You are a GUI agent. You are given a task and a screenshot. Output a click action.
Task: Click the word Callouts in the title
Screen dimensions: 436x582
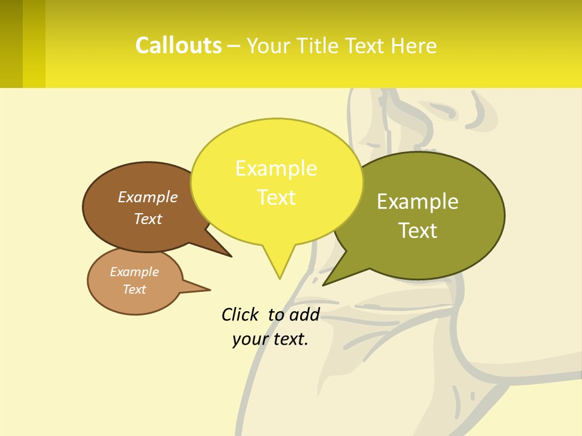click(178, 46)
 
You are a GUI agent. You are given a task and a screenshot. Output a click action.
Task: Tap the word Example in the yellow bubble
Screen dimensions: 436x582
click(276, 168)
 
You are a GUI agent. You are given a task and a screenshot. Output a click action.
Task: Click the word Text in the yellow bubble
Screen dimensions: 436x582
click(276, 197)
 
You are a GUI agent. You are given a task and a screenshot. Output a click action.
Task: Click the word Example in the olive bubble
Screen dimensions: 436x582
click(418, 202)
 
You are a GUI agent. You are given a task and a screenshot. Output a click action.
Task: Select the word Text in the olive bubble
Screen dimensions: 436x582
click(418, 231)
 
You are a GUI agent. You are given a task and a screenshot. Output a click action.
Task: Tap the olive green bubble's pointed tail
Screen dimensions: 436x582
click(327, 282)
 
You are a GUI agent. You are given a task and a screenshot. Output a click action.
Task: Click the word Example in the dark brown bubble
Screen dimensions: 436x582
click(147, 197)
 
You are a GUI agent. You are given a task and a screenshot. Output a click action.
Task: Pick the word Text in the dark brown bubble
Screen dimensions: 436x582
click(147, 219)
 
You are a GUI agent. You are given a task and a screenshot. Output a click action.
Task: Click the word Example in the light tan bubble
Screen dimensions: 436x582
click(134, 272)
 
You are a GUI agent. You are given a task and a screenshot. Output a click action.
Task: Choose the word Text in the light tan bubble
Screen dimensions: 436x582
click(134, 289)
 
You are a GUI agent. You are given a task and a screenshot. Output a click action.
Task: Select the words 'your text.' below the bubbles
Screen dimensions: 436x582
click(270, 339)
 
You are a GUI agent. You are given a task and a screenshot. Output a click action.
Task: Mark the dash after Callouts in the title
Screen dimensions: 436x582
click(233, 46)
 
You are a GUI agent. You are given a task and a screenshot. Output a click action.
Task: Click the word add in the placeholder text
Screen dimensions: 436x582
click(304, 314)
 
